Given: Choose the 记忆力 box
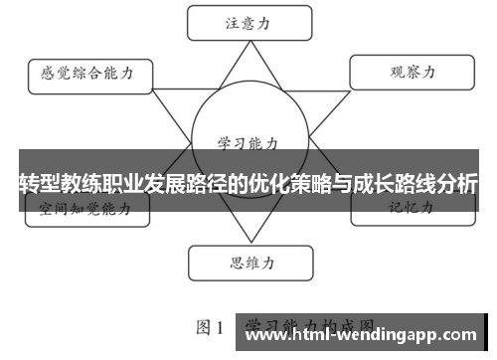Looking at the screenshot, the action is click(409, 210).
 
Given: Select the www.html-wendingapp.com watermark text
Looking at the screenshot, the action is click(362, 335).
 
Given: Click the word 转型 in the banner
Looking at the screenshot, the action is click(40, 184).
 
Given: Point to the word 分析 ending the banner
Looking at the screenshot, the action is click(455, 184).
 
